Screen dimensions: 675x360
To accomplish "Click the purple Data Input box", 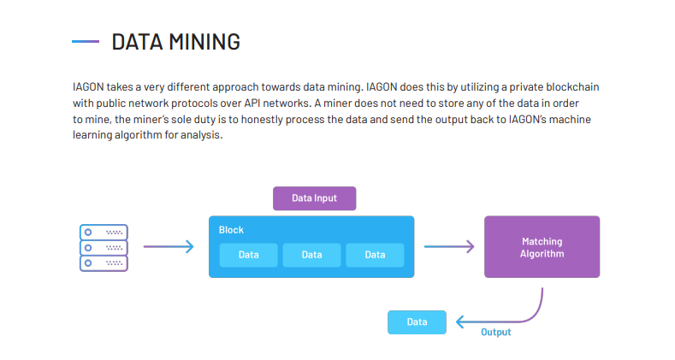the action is click(x=314, y=198).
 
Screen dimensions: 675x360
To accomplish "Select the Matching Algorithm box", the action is click(x=542, y=247).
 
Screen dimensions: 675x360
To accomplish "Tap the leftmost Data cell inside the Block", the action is click(x=248, y=255).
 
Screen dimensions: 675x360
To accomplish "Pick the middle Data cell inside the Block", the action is click(x=311, y=255).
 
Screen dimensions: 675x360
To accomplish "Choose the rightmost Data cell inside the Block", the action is click(x=375, y=255).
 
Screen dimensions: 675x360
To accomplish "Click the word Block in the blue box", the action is click(x=231, y=230).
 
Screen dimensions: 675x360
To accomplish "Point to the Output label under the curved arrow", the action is click(x=496, y=332).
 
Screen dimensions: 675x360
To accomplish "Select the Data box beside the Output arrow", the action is click(x=417, y=322).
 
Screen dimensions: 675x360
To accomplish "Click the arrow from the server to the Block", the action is click(x=169, y=246).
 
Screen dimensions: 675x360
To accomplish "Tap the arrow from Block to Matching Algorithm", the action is click(x=449, y=246).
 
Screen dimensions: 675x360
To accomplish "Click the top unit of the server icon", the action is click(x=104, y=233).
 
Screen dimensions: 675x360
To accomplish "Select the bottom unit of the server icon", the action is click(x=104, y=263).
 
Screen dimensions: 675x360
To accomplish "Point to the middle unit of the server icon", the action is click(x=104, y=248).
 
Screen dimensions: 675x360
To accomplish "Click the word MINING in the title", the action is click(x=204, y=42).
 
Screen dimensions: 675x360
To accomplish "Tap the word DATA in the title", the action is click(x=138, y=42).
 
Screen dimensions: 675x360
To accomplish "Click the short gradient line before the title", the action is click(x=86, y=42).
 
